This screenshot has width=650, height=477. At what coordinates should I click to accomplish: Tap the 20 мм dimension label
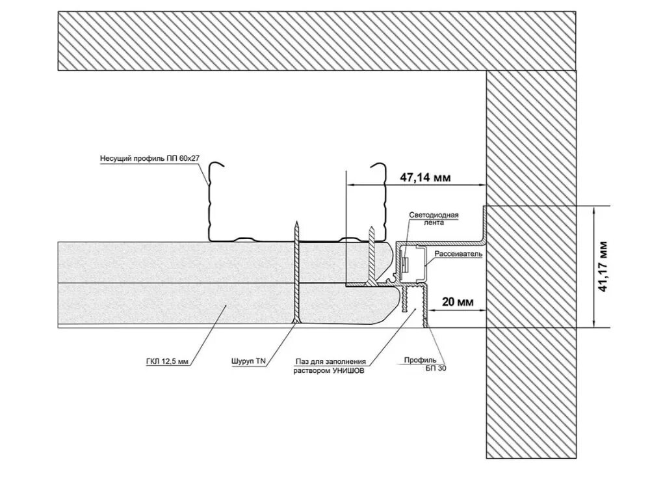pos(457,302)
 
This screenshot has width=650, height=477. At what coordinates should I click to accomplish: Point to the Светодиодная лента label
pos(435,218)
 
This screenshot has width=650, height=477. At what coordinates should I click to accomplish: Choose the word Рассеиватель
pos(458,253)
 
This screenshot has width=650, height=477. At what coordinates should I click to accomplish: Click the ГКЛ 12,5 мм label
pos(168,358)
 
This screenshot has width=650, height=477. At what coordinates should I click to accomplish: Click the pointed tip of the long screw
pos(296,223)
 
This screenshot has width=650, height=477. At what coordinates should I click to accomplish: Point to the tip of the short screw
pos(372,228)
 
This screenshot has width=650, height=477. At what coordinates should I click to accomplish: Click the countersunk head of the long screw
pos(296,322)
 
